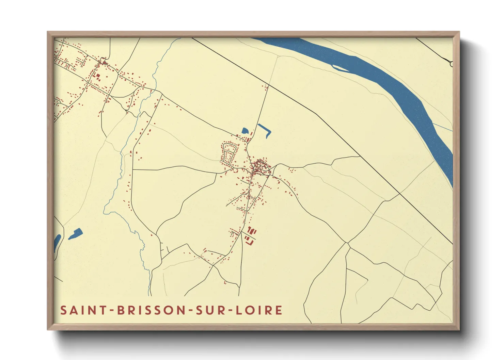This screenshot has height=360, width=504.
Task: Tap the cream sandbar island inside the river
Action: [x=340, y=68]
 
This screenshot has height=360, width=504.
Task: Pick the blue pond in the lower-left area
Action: [x=76, y=234]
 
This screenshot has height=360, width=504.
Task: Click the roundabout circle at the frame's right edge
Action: [x=452, y=63]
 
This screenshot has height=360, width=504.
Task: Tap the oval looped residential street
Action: [x=229, y=153]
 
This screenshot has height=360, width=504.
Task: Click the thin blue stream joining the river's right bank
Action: [x=443, y=127]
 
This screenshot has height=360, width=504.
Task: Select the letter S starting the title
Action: [x=63, y=310]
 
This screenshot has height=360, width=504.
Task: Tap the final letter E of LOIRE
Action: [x=279, y=310]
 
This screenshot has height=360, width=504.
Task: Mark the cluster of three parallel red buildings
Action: [x=252, y=231]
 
